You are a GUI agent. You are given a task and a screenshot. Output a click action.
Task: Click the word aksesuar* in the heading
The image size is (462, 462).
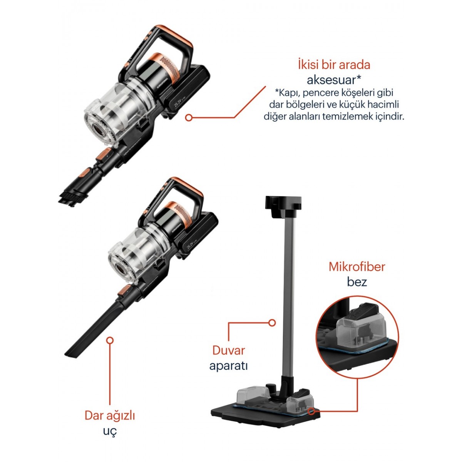[x=334, y=80]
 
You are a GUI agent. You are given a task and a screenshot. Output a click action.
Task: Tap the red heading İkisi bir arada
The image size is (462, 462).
[x=334, y=65]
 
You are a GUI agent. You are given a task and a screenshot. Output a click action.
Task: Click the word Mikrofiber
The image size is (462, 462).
[x=357, y=267]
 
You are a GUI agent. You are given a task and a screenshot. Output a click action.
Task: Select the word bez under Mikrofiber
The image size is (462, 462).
[x=357, y=282]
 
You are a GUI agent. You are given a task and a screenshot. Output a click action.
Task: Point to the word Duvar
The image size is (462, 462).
[x=228, y=350]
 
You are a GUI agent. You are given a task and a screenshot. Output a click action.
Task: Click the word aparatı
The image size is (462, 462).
[x=228, y=366]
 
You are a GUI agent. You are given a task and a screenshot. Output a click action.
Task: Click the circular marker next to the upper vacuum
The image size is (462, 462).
[x=189, y=118]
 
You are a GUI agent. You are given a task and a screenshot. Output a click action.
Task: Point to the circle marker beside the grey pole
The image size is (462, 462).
[x=271, y=323]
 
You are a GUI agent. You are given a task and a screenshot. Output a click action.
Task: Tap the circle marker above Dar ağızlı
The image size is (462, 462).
[x=110, y=341]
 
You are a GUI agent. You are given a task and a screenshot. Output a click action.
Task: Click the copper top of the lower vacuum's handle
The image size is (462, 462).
[x=186, y=185]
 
